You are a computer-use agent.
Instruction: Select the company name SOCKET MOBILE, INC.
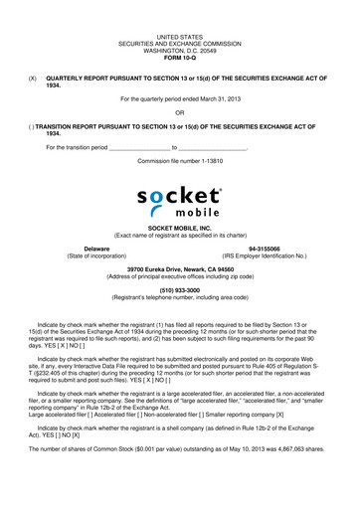(179, 228)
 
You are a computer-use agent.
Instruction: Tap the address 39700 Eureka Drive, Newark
(179, 268)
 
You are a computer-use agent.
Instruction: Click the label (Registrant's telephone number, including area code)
(179, 296)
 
